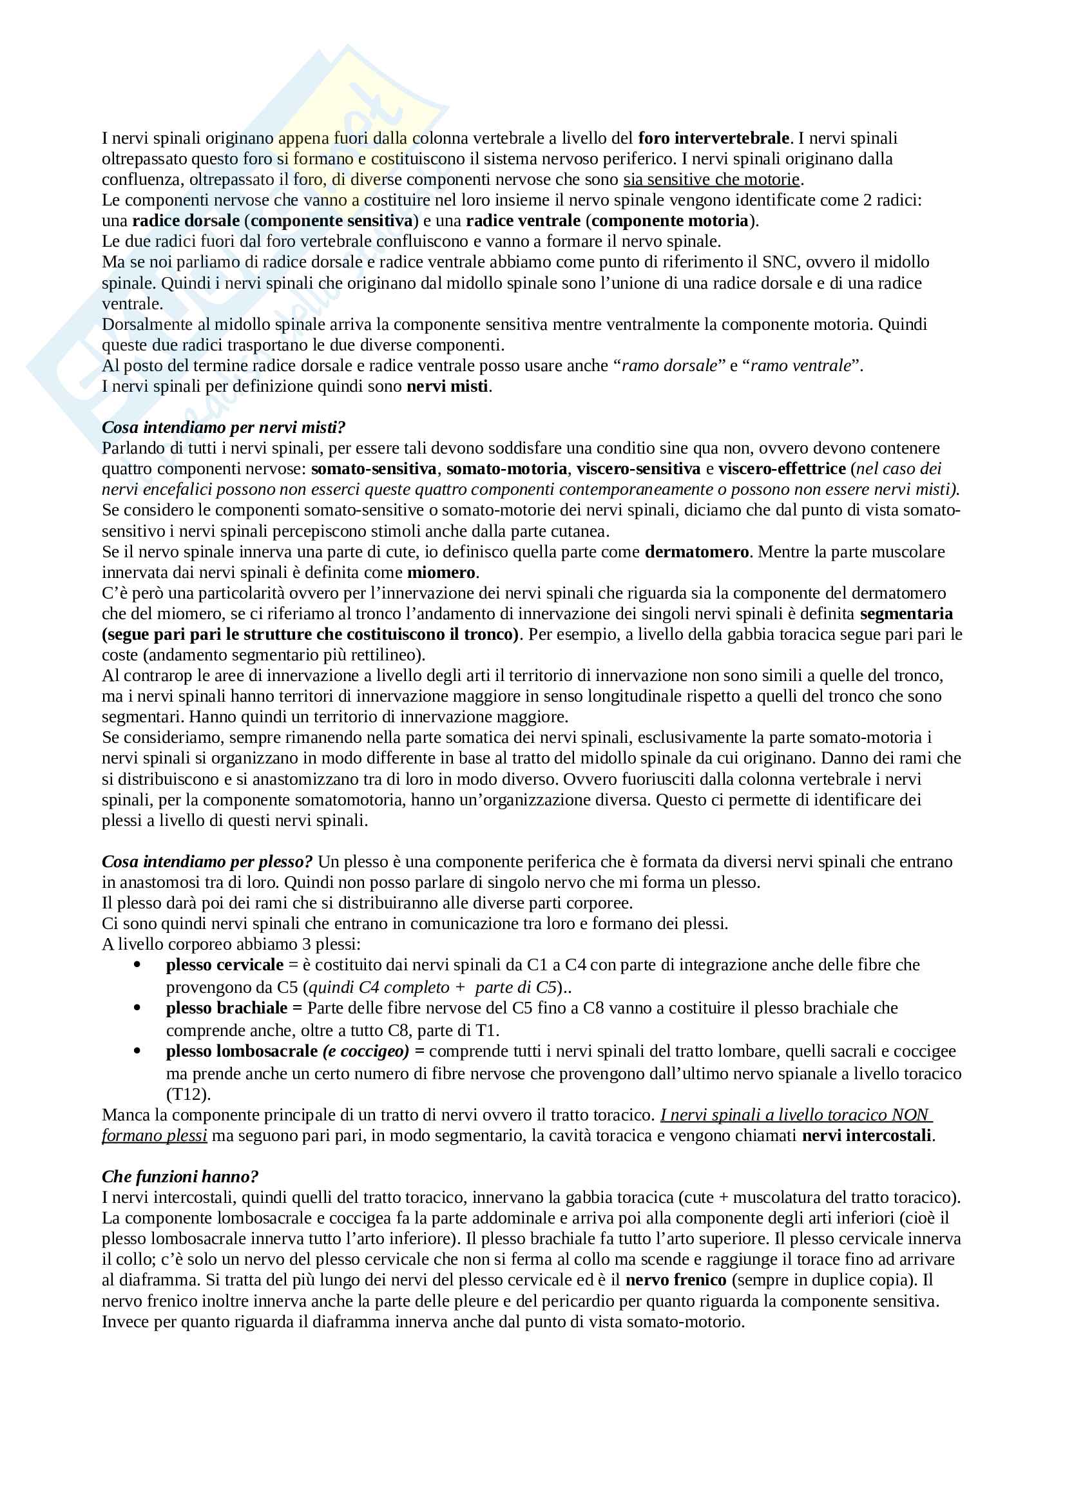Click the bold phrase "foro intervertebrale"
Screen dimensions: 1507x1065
pos(713,139)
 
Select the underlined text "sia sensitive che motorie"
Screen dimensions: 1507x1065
pos(712,180)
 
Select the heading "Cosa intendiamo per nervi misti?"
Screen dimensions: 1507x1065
pos(224,428)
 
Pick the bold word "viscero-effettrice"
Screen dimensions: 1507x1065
pos(782,469)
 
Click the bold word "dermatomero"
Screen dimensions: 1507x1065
pos(696,552)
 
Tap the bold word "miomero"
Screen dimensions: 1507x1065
pos(441,573)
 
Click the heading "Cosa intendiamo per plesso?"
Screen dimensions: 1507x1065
pos(207,863)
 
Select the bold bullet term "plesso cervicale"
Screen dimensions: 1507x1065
pos(225,965)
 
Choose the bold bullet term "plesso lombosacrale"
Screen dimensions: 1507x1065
pos(242,1051)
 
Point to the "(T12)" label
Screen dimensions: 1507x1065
pos(188,1094)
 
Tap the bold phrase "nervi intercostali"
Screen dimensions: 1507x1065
pos(866,1136)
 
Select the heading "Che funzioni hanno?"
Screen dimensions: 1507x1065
pos(180,1177)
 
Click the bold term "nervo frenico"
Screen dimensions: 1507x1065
pos(676,1281)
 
